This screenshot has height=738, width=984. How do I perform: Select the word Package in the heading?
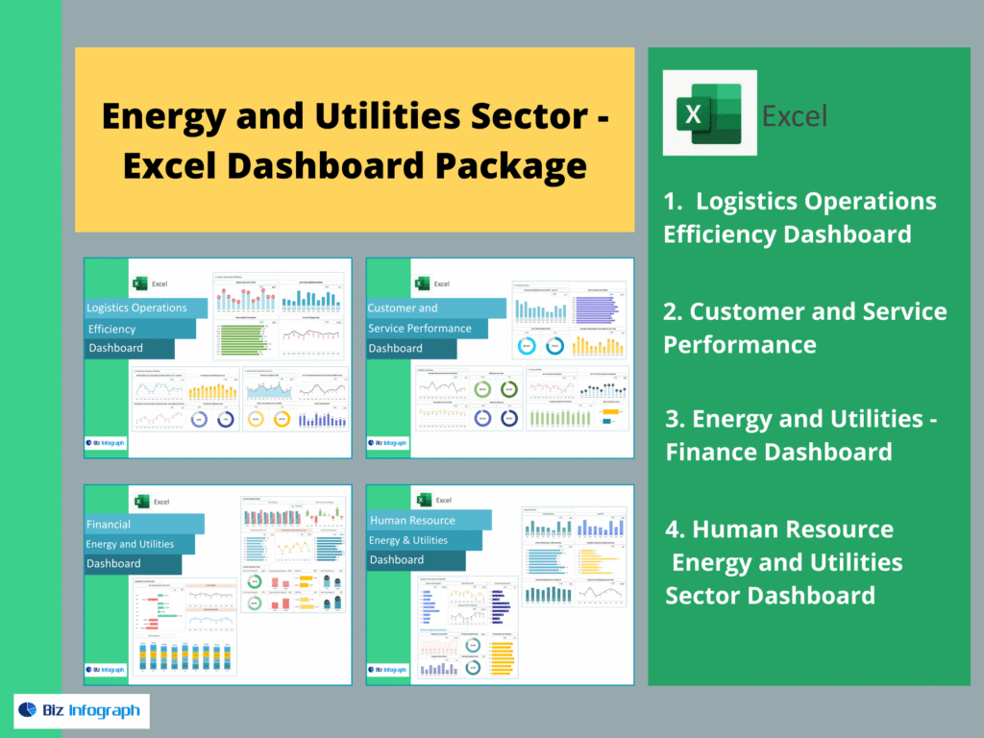click(x=511, y=165)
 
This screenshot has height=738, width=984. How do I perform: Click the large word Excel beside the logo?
click(x=795, y=116)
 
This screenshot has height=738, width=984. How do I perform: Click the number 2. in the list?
click(x=673, y=311)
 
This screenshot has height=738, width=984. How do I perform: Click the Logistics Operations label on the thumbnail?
click(x=137, y=307)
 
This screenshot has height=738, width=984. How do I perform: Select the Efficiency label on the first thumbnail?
click(x=112, y=329)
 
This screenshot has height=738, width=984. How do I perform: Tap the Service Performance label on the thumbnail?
click(x=419, y=329)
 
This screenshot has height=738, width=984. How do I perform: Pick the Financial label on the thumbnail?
click(x=109, y=525)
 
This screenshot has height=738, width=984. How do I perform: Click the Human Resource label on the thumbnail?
click(x=412, y=521)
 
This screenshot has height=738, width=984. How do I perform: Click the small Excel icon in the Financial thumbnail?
click(x=140, y=501)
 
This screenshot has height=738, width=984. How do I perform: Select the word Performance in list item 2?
click(x=740, y=344)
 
